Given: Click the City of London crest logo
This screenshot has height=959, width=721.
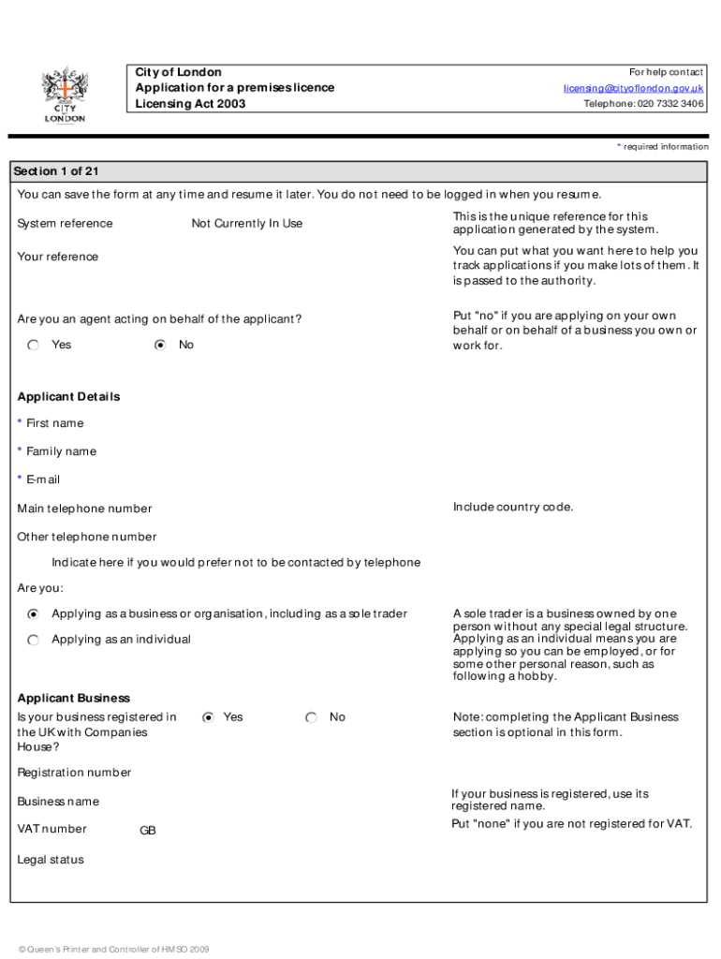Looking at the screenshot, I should coord(64,95).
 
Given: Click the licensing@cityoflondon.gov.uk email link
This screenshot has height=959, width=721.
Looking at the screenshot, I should coord(633,88).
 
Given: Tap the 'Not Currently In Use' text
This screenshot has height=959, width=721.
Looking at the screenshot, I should coord(247,224).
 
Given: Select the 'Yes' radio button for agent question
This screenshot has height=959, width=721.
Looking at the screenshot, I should coord(34,346).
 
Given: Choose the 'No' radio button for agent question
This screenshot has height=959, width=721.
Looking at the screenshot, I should coord(160,346).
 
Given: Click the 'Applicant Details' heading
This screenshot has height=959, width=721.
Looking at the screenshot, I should coord(68,397).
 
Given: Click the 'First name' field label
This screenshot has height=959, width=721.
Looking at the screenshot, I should coord(54,423).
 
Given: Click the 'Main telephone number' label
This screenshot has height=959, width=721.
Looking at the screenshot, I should coord(84,509).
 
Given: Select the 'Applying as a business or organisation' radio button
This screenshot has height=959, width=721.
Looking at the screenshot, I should coord(34,614).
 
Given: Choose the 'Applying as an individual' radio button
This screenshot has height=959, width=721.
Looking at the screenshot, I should coord(34,640).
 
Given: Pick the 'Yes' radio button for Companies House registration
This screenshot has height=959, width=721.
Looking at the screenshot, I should coord(208,717).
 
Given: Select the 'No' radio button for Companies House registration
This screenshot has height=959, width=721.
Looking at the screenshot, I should coord(312,717).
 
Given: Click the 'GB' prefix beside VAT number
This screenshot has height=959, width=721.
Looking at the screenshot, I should coord(148,831).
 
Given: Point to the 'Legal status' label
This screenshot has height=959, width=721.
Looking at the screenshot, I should coord(51,860).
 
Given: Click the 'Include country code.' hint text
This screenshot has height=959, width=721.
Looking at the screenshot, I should coord(513,508).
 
